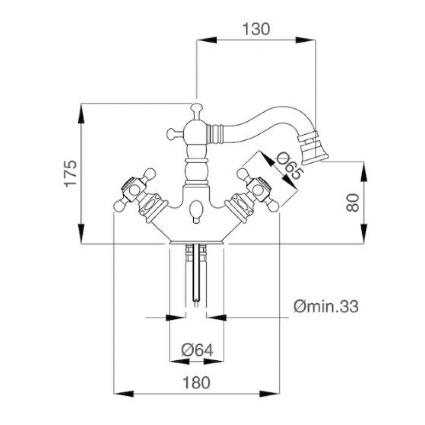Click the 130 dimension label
coord(256,29)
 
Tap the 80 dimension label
coord(353,203)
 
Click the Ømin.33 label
coord(326,306)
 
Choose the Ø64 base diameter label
coord(197,350)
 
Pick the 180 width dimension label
coord(196,383)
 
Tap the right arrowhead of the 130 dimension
coord(305,40)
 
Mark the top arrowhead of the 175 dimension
coord(82,114)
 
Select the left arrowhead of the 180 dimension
coord(124,394)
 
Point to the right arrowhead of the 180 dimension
coord(269,394)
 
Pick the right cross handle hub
coord(260,190)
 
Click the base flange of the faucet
coord(196,242)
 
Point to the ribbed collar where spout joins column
coord(215,132)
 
